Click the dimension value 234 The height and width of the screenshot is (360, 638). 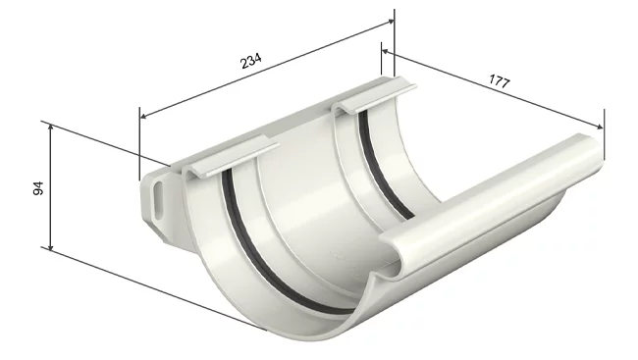click(251, 61)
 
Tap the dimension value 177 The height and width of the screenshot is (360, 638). click(500, 81)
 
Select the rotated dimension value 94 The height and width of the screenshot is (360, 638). click(38, 188)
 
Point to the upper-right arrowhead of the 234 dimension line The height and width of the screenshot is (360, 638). click(391, 22)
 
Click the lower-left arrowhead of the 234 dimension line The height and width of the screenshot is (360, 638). click(143, 117)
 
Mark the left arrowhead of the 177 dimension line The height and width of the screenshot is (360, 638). click(386, 52)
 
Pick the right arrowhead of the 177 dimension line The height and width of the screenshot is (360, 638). click(600, 127)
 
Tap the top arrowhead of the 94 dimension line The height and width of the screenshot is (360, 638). click(50, 128)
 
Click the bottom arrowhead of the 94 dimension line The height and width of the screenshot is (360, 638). click(50, 246)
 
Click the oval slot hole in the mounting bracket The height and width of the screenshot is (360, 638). click(159, 196)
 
